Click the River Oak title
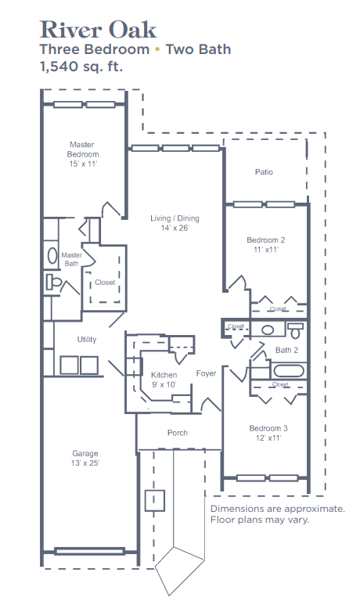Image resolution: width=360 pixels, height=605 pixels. click(x=98, y=30)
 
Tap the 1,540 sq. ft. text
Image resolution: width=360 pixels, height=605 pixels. click(x=81, y=67)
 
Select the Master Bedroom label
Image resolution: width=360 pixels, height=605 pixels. click(x=83, y=149)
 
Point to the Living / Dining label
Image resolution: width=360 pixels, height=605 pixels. click(x=175, y=218)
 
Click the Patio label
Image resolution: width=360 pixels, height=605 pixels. click(x=264, y=171)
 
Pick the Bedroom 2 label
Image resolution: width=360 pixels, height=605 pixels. click(x=266, y=240)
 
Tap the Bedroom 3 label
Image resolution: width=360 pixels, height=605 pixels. click(x=268, y=428)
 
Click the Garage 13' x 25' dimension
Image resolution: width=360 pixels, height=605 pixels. click(x=85, y=463)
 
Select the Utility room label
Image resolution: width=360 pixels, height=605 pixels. click(x=87, y=340)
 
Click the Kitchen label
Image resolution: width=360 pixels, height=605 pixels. click(x=164, y=375)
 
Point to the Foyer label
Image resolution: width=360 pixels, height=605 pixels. click(x=206, y=373)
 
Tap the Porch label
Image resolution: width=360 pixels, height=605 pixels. click(x=178, y=433)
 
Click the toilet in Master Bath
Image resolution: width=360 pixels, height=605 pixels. click(x=53, y=282)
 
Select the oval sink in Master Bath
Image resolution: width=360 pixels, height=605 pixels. click(x=52, y=255)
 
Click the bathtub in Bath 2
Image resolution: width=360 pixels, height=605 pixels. click(x=289, y=371)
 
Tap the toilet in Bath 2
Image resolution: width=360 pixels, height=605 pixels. click(x=296, y=330)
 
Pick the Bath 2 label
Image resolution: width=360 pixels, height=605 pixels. click(x=286, y=351)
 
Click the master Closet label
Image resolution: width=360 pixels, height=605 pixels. click(x=105, y=283)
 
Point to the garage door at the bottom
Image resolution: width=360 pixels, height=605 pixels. click(x=89, y=551)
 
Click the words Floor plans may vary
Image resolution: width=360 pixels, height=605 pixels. click(x=260, y=520)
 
